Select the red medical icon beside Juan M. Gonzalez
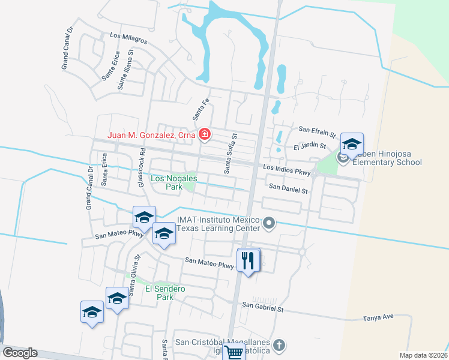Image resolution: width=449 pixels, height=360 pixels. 205,134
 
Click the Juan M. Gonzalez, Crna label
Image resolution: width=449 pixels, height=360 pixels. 151,136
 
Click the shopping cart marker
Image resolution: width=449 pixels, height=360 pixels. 233,352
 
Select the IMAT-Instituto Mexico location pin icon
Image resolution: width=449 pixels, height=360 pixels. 269,224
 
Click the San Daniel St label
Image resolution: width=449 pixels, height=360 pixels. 288,190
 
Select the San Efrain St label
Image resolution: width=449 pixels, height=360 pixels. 318,130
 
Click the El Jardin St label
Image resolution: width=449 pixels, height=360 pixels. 309,146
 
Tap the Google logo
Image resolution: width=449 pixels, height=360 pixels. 20,353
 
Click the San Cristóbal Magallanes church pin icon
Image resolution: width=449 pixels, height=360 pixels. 278,346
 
